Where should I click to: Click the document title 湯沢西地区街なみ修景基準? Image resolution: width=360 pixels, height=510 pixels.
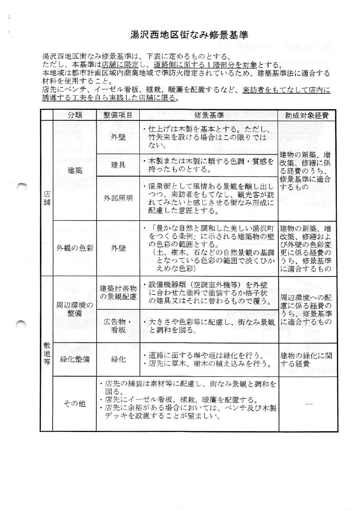coord(189,35)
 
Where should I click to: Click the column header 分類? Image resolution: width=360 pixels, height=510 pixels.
coord(75,115)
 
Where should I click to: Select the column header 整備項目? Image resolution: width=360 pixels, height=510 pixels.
coord(118,115)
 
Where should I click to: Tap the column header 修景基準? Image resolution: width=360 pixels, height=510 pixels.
coord(209,115)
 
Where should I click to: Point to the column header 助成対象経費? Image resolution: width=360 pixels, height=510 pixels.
coord(307,115)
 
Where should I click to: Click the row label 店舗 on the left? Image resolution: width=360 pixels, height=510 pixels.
coord(47,198)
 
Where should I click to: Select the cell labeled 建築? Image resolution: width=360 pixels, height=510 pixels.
coord(75,170)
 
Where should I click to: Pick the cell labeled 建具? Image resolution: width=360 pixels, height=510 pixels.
coord(118,165)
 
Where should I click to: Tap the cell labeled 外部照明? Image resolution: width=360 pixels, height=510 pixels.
coord(118,199)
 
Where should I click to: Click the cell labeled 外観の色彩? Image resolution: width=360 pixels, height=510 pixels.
coord(75,248)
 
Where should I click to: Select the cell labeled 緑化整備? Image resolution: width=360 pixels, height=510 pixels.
coord(75,359)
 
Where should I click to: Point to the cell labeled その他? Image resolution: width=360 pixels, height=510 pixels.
coord(75,404)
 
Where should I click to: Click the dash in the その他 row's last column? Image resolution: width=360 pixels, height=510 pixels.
coord(308,404)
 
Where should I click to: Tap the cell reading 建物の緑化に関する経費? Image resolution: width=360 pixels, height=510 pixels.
coord(306,359)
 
